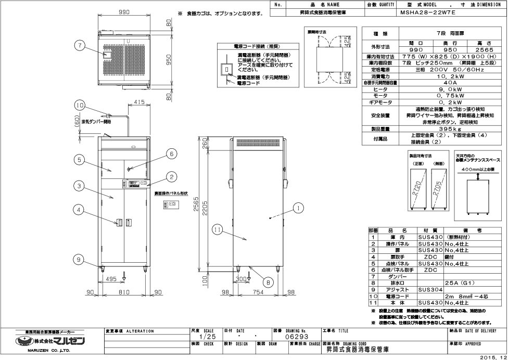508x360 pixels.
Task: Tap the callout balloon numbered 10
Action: click(x=79, y=105)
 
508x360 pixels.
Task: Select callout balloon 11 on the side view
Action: click(x=217, y=227)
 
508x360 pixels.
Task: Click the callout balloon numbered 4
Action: click(x=79, y=210)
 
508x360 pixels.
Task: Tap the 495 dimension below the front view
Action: click(x=110, y=279)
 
